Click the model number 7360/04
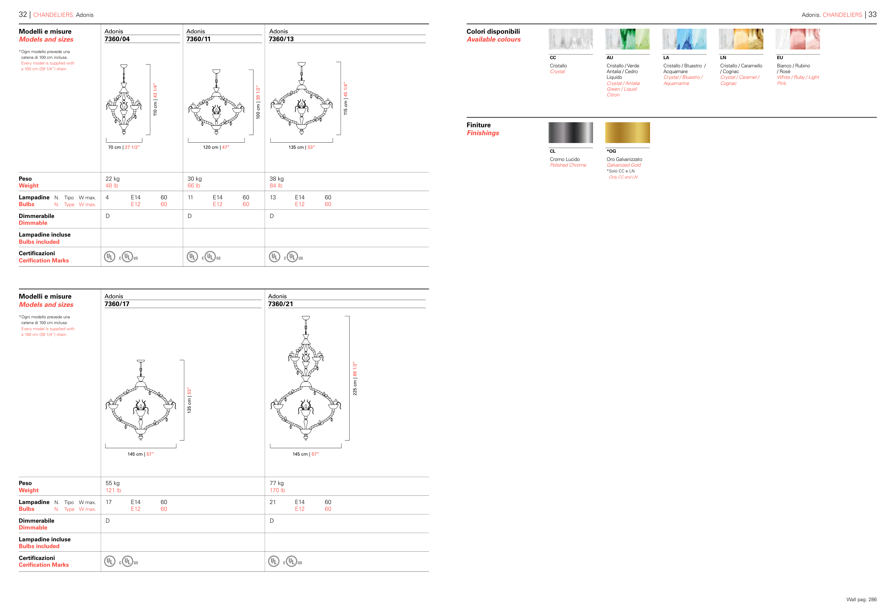[x=117, y=39]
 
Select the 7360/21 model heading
[x=280, y=304]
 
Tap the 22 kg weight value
[x=113, y=179]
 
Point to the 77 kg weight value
[x=276, y=483]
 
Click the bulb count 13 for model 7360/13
[x=272, y=198]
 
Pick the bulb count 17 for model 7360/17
[x=109, y=502]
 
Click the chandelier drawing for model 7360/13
[x=302, y=98]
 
